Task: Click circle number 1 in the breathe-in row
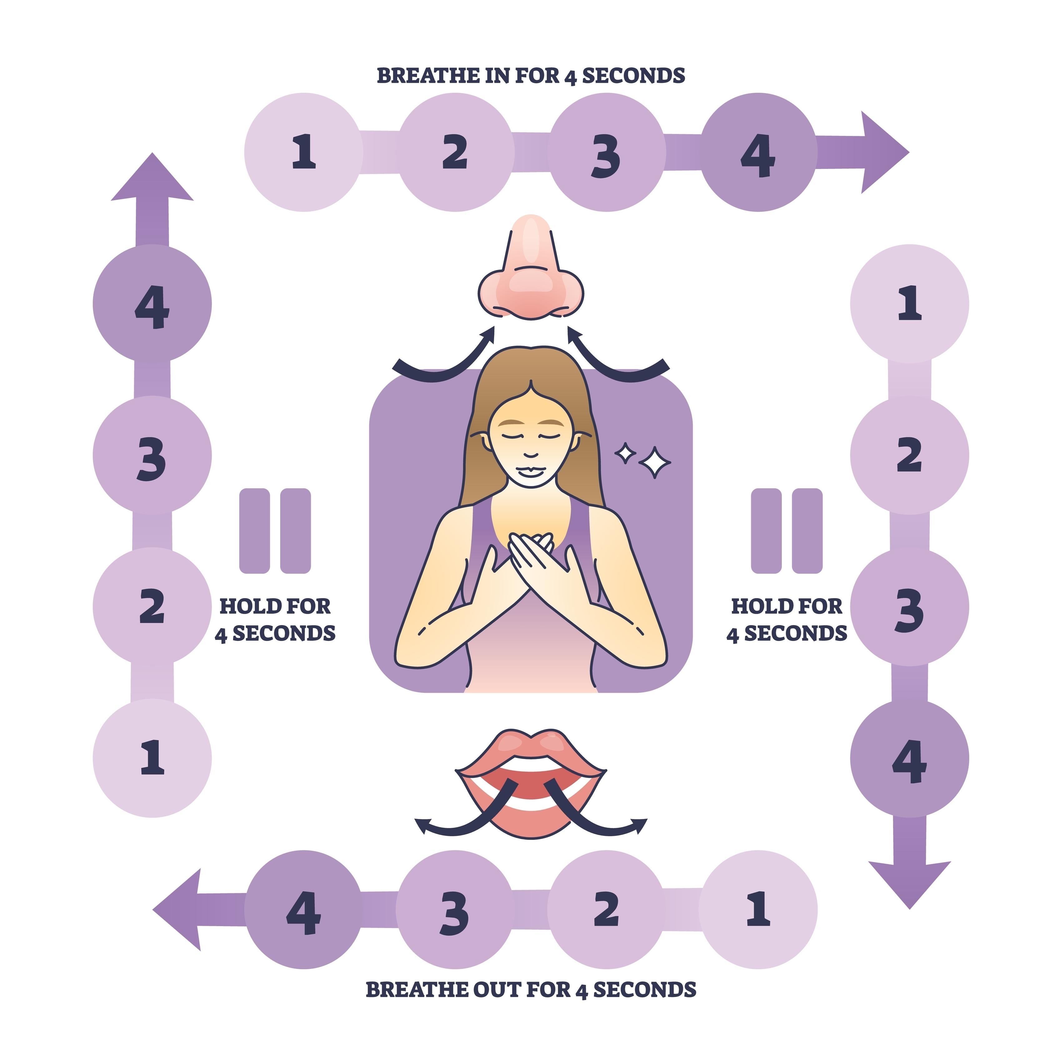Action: (303, 152)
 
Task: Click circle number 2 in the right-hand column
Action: (909, 455)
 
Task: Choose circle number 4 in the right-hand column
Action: (909, 759)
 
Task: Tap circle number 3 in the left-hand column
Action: (152, 455)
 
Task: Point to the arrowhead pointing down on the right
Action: (909, 880)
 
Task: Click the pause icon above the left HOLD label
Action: (275, 530)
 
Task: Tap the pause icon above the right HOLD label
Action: (787, 530)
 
